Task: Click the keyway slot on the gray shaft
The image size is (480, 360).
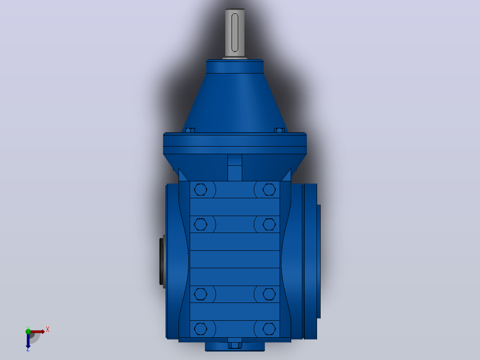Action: point(235,33)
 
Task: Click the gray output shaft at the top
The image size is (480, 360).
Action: point(235,33)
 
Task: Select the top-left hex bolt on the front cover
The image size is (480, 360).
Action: point(200,190)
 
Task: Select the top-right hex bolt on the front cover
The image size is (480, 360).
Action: point(269,190)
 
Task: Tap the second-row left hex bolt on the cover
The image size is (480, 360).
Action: point(200,224)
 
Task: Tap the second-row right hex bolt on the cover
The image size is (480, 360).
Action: point(269,224)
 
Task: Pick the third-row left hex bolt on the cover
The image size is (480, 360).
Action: point(200,294)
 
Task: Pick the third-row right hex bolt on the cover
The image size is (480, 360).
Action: point(269,294)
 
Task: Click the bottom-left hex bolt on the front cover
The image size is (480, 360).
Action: point(200,329)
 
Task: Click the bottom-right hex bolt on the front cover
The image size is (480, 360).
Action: point(269,329)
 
